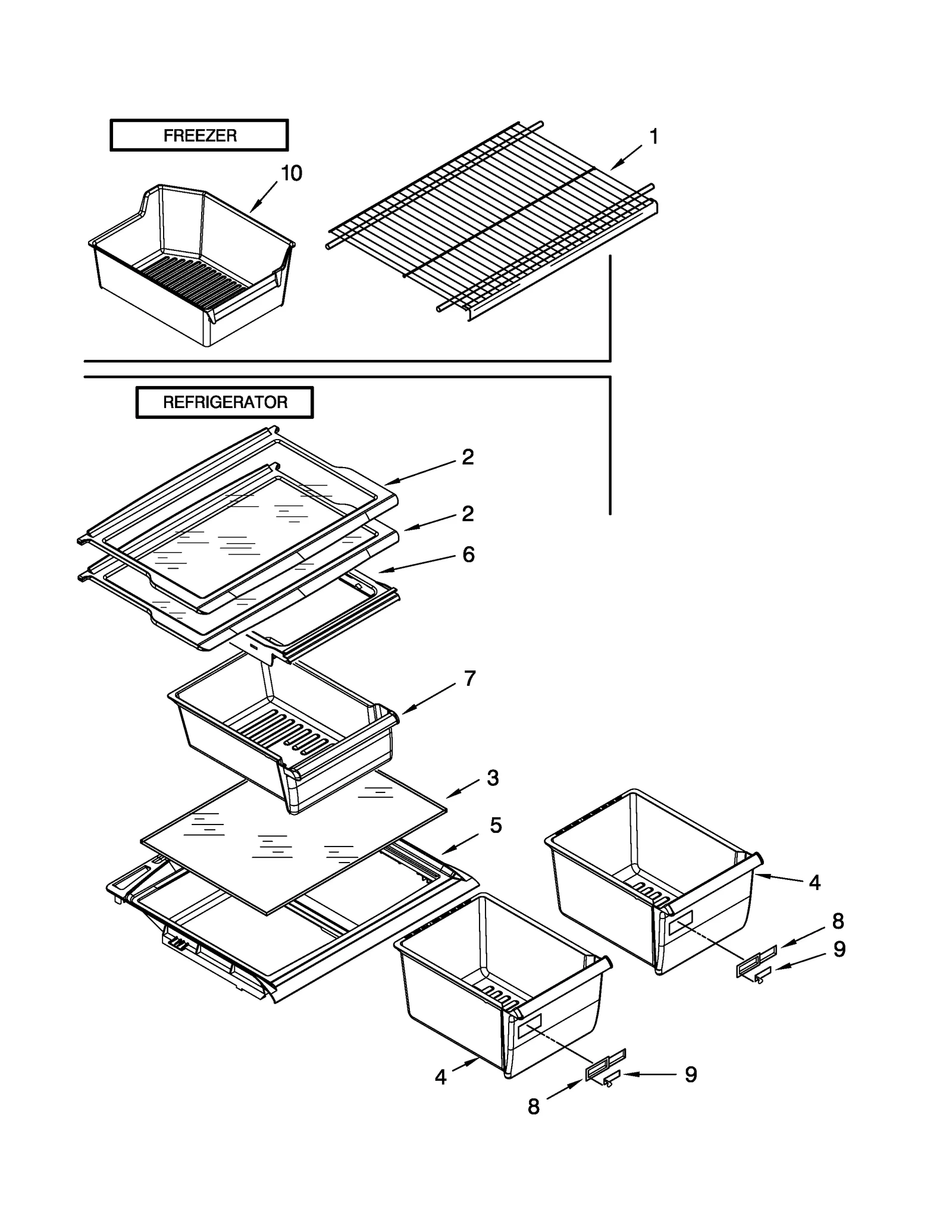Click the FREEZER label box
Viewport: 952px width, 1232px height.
(x=199, y=135)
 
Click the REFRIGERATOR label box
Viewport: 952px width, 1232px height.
(x=224, y=402)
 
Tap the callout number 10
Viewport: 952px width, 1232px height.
(x=291, y=173)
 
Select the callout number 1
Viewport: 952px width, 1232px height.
(x=653, y=137)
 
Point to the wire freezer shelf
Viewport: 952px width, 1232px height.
(x=494, y=220)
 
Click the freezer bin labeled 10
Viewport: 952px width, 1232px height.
(x=190, y=268)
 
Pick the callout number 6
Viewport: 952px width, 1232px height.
(x=468, y=554)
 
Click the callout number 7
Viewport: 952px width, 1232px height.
(x=469, y=678)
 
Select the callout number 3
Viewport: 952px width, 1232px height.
(x=493, y=778)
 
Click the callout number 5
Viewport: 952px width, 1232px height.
(x=496, y=825)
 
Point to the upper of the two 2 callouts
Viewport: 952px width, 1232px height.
(x=468, y=457)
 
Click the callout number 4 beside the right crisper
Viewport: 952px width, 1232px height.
(x=815, y=883)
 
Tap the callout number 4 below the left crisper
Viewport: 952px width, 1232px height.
(x=440, y=1077)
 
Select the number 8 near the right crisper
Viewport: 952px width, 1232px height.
(x=838, y=921)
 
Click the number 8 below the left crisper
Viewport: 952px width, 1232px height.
(x=534, y=1106)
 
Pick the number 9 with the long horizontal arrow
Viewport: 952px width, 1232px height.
(x=690, y=1074)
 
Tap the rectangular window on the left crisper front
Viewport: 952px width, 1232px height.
(x=529, y=1027)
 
